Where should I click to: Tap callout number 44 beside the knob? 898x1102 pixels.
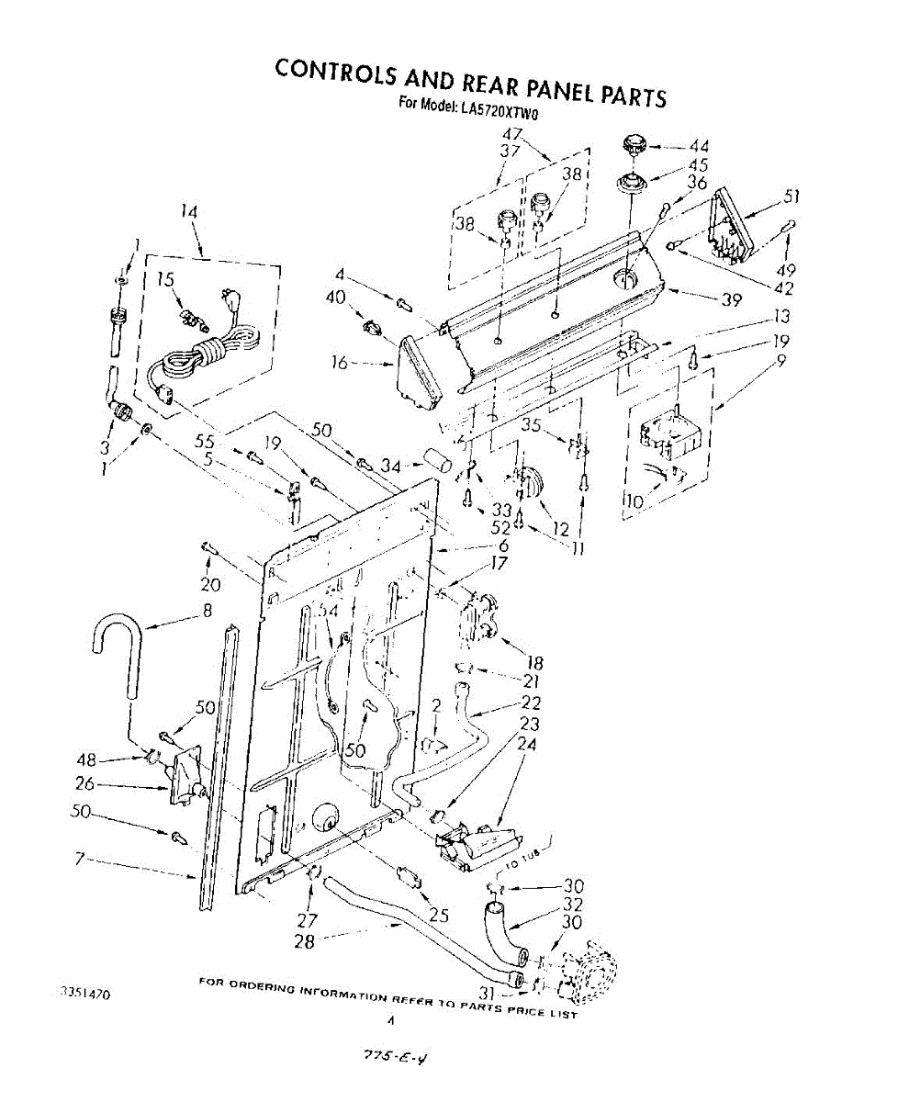(699, 145)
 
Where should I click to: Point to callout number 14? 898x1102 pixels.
(188, 210)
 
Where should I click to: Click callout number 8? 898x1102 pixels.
(208, 609)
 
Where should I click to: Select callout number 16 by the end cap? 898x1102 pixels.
(339, 363)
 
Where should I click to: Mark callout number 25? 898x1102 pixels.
(439, 915)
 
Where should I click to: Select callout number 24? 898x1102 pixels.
(527, 745)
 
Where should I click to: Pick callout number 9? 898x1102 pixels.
(780, 361)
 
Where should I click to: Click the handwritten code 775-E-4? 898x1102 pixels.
(387, 1060)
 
